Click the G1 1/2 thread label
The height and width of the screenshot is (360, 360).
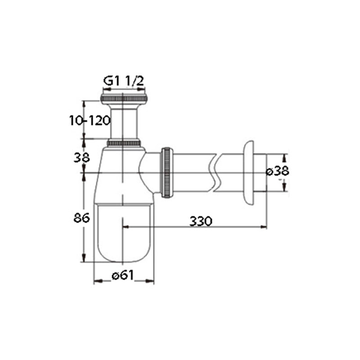click(123, 81)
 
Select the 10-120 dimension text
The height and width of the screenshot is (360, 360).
click(90, 121)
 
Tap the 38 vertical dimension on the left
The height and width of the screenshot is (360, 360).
click(81, 158)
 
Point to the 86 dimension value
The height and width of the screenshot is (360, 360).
click(81, 218)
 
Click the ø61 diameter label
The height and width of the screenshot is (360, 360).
click(122, 275)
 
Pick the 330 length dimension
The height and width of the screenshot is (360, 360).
click(201, 221)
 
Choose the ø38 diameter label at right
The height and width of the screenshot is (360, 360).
click(277, 171)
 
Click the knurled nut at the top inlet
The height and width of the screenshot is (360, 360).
click(124, 99)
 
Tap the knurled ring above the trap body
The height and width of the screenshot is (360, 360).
click(124, 143)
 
